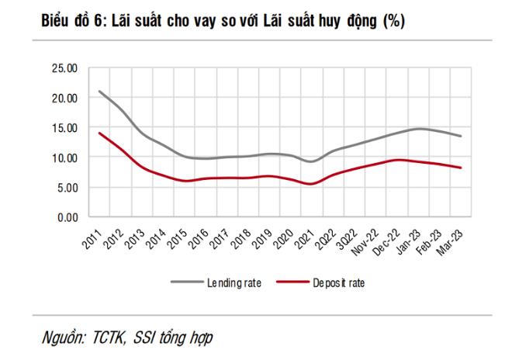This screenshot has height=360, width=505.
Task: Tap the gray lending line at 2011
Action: point(99,92)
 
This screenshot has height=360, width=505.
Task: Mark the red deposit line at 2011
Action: point(99,133)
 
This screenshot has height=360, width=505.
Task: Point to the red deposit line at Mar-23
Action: point(462,168)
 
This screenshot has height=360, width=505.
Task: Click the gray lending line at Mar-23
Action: point(462,137)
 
